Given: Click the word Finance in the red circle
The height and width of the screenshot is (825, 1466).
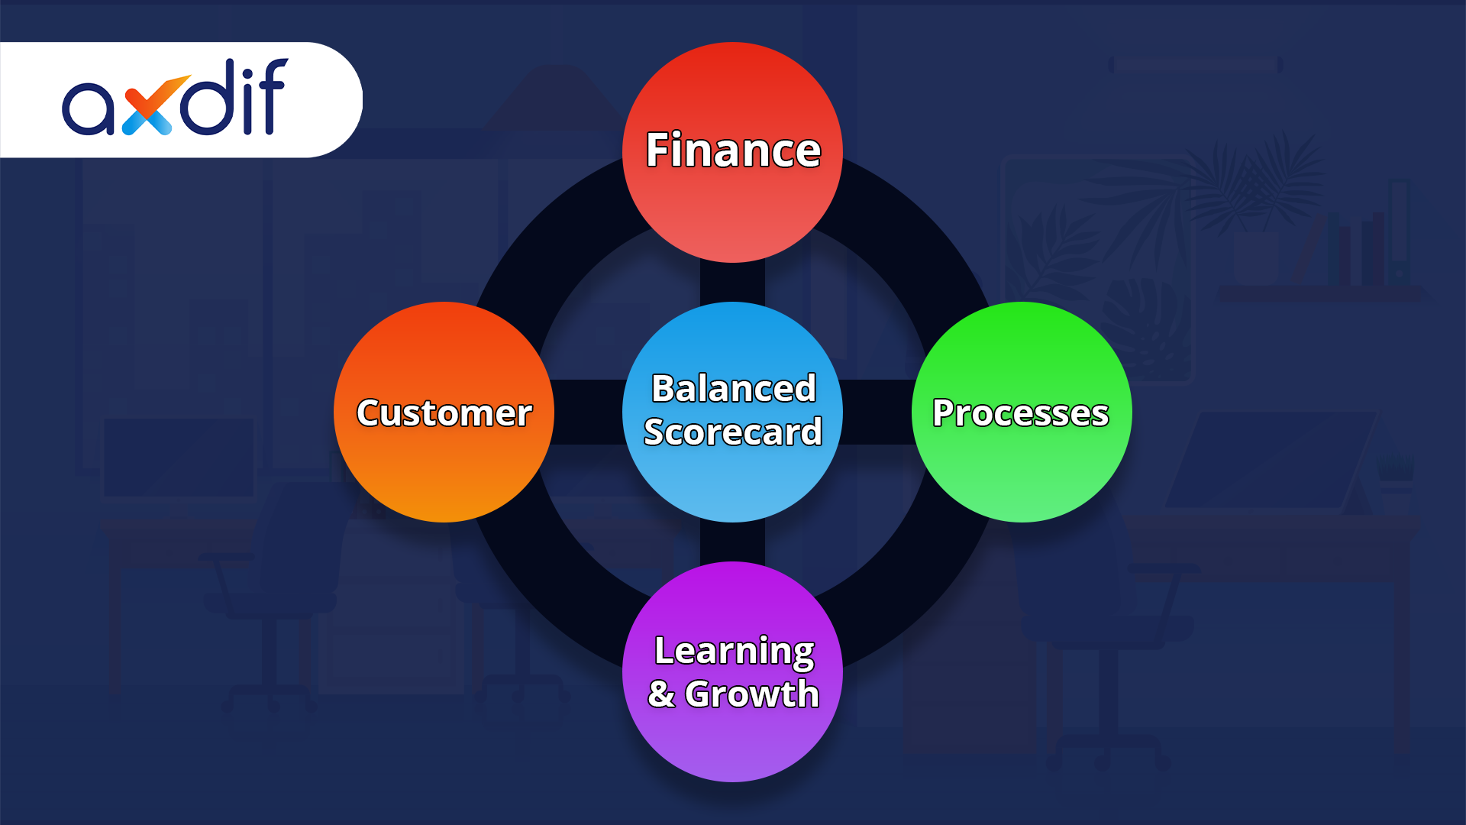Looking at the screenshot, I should point(733,150).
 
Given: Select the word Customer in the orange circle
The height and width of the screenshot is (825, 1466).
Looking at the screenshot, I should point(444,413).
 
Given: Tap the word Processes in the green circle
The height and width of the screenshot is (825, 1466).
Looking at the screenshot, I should point(1020,413).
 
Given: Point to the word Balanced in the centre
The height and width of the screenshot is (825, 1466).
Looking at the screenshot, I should point(733,388).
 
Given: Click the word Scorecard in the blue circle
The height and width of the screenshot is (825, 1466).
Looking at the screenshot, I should point(733,432).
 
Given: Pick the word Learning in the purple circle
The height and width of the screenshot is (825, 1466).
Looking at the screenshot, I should point(734,651).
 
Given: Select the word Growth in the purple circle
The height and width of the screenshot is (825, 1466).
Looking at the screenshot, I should point(752,694).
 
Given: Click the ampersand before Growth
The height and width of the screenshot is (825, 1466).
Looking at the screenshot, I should point(661,694).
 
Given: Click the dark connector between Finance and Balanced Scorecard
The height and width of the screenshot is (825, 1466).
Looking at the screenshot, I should point(732,282).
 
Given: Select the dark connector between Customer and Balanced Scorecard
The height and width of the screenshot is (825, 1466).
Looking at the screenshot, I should point(588,412).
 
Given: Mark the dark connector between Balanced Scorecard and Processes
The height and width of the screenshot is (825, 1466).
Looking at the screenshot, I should point(877,412).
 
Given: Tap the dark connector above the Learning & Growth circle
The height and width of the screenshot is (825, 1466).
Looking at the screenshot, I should point(732,542).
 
